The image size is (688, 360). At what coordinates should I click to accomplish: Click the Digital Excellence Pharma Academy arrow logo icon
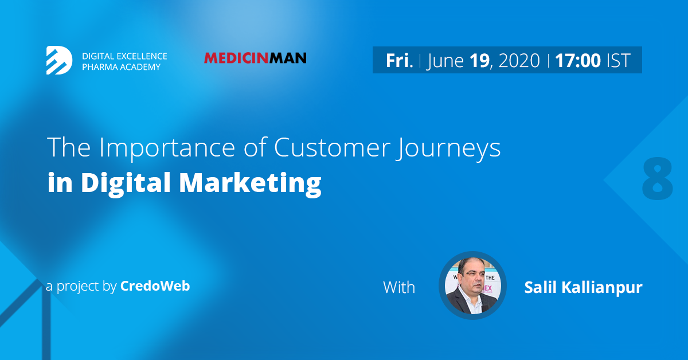(59, 60)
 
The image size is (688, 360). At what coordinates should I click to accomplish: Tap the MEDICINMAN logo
(255, 58)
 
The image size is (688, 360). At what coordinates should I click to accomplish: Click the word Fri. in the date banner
(399, 61)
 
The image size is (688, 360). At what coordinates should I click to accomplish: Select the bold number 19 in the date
(479, 61)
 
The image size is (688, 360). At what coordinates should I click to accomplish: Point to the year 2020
(519, 61)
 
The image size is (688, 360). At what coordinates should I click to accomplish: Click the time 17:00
(578, 61)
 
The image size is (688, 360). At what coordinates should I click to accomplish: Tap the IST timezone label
(619, 61)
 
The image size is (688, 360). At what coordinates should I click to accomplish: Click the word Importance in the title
(167, 148)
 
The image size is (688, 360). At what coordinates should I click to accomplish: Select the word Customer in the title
(332, 147)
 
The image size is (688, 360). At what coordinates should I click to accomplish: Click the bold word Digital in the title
(126, 182)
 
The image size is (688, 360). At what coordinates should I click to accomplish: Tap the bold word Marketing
(250, 183)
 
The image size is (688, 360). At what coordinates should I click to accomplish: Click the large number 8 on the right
(657, 178)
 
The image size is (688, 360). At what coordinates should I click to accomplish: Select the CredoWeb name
(155, 286)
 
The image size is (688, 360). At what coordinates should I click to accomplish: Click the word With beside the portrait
(399, 288)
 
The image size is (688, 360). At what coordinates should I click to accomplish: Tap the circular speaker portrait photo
(472, 285)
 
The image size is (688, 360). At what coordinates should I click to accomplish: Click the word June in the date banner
(445, 61)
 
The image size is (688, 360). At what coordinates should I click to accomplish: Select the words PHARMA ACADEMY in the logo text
(122, 67)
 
